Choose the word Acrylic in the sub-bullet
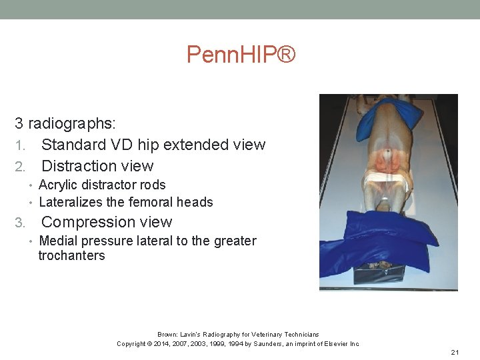point(62,185)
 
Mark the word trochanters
point(71,255)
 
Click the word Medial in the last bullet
point(60,241)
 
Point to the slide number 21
point(455,352)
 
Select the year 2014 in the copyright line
point(167,344)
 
